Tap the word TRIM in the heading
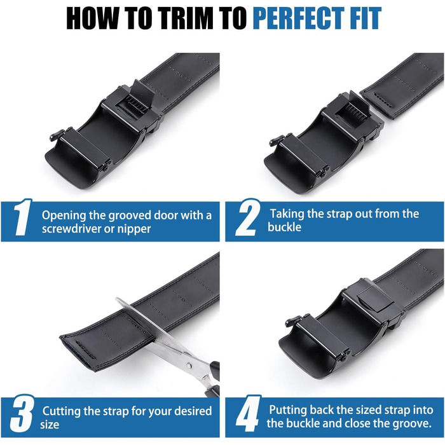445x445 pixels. pos(185,18)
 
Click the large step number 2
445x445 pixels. pos(248,217)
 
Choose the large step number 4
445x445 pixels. pos(248,413)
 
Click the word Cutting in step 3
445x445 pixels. pos(61,411)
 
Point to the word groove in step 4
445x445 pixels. pos(411,423)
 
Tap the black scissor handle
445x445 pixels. pos(214,380)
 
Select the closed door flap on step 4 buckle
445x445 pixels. pos(374,299)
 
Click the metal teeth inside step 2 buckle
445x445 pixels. pos(355,111)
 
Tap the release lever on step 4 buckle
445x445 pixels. pos(294,321)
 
